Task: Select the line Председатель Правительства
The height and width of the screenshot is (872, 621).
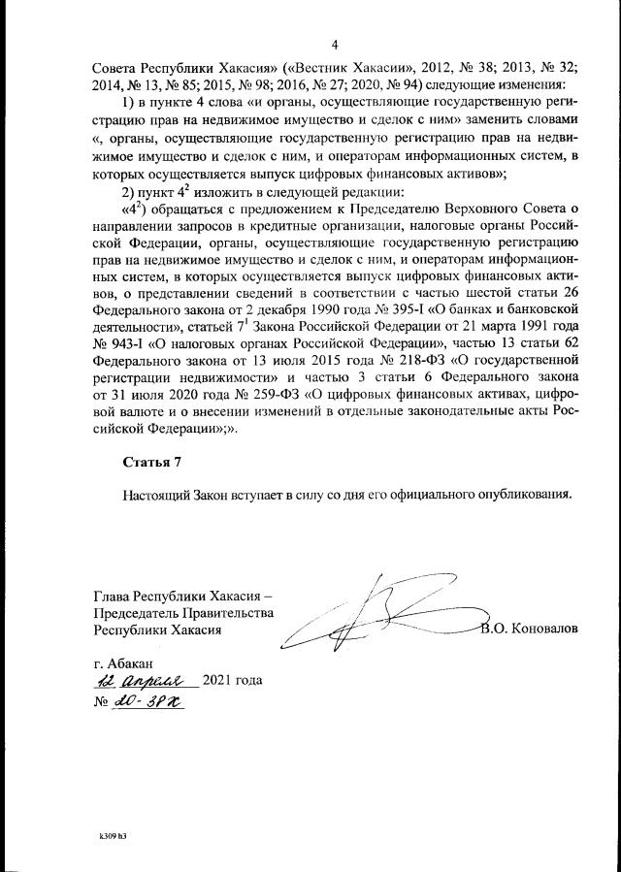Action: point(183,612)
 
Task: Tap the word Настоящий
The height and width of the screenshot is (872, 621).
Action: point(155,493)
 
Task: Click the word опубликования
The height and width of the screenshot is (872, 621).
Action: point(521,493)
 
